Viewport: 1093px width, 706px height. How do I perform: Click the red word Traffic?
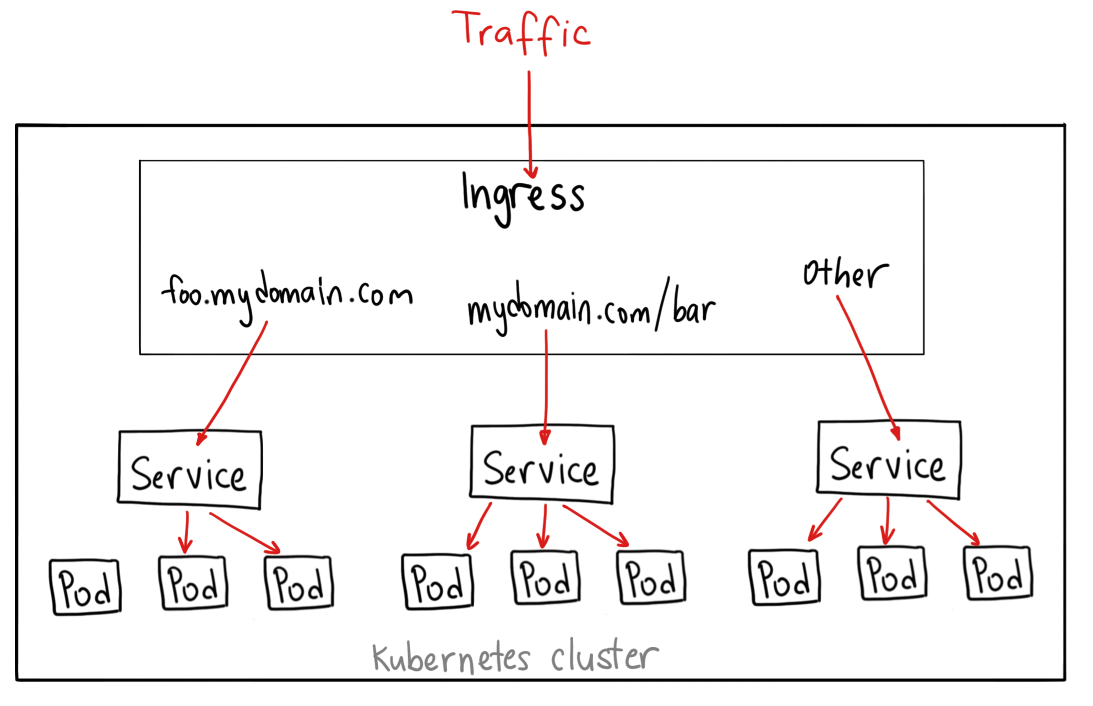520,30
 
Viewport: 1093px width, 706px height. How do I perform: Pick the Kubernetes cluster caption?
515,657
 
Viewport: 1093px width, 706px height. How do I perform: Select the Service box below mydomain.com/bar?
542,465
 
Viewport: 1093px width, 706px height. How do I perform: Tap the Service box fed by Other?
888,461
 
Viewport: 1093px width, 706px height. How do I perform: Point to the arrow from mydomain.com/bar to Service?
545,385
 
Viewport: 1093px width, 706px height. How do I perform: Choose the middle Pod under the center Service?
545,578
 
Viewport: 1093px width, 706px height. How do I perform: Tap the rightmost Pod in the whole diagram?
998,574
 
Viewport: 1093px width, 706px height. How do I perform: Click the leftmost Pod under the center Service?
438,582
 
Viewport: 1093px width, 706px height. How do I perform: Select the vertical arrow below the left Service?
186,532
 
